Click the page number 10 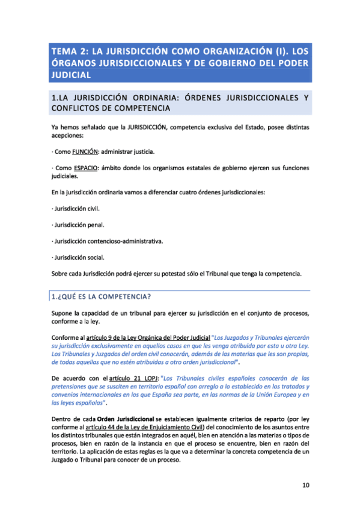tap(305, 485)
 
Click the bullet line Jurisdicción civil tap(76, 209)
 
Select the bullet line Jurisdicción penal tap(78, 225)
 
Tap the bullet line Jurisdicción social tap(78, 257)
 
